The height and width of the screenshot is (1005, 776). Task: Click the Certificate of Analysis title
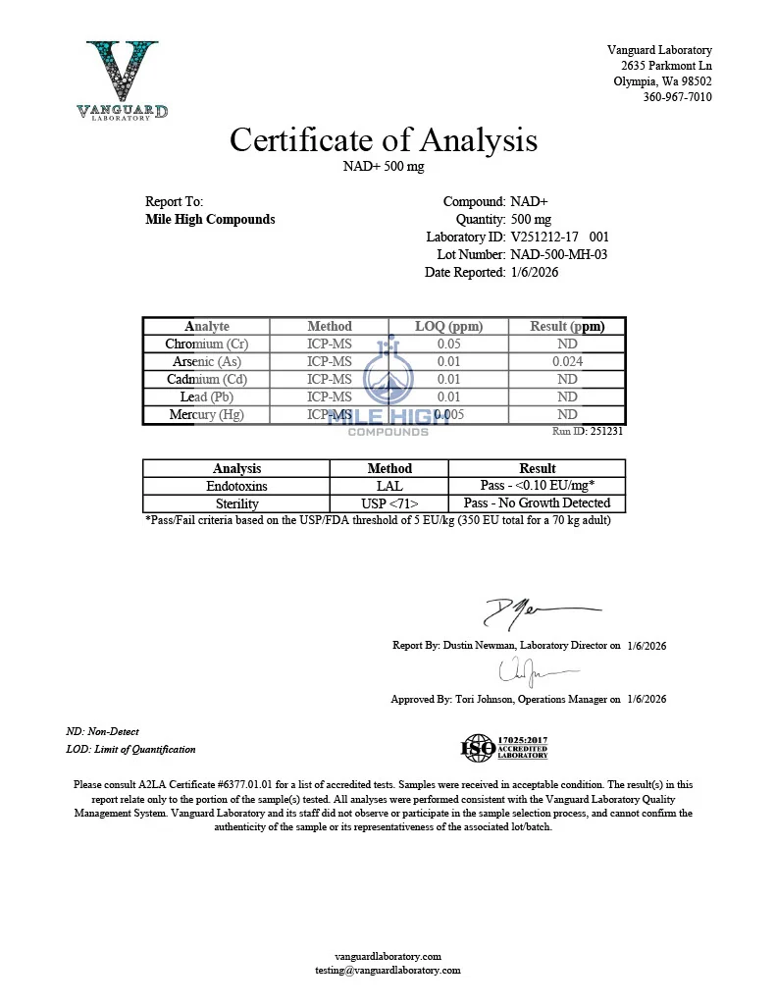pyautogui.click(x=384, y=139)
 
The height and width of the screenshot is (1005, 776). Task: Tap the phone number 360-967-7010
pyautogui.click(x=677, y=97)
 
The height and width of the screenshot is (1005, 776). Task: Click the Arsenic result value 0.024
pyautogui.click(x=566, y=361)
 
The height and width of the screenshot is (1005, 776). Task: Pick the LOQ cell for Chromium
pyautogui.click(x=448, y=344)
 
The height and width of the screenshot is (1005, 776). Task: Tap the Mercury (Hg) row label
pyautogui.click(x=206, y=414)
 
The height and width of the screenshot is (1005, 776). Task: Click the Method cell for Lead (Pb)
pyautogui.click(x=330, y=397)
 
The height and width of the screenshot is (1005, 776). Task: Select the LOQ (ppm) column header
pyautogui.click(x=448, y=326)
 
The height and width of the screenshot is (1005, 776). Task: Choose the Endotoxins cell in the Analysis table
pyautogui.click(x=236, y=486)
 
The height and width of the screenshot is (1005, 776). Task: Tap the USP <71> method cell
pyautogui.click(x=389, y=503)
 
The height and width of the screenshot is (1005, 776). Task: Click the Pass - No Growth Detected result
pyautogui.click(x=537, y=503)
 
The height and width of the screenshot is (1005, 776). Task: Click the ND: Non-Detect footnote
pyautogui.click(x=103, y=731)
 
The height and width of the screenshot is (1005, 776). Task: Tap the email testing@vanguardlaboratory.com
pyautogui.click(x=388, y=970)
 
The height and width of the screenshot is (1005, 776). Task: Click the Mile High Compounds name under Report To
pyautogui.click(x=210, y=219)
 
